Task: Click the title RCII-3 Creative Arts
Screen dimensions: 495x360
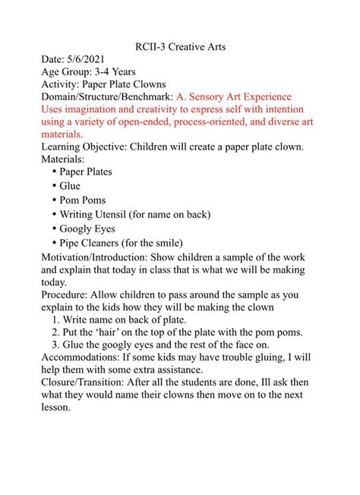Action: click(179, 47)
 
